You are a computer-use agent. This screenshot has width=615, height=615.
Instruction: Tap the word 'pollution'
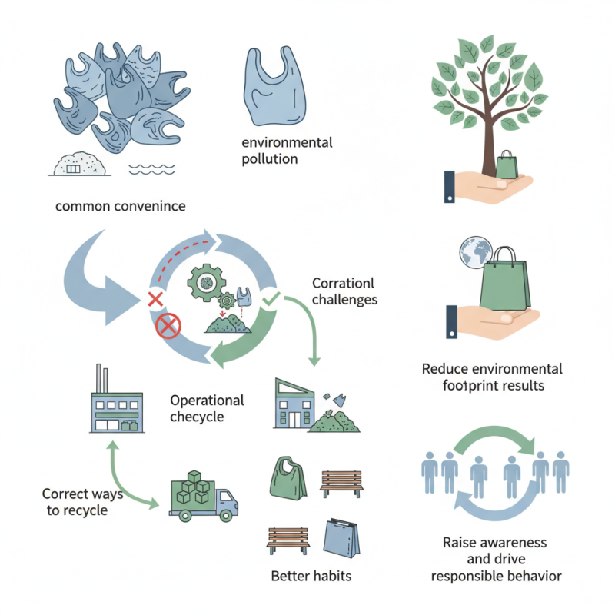click(270, 159)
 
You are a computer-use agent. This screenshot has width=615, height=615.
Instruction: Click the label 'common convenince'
click(121, 207)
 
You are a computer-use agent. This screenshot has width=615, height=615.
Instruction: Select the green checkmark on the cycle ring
click(270, 295)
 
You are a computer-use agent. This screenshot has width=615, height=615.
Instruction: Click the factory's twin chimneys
click(103, 378)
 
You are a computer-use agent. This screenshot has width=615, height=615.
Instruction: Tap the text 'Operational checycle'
click(207, 408)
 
